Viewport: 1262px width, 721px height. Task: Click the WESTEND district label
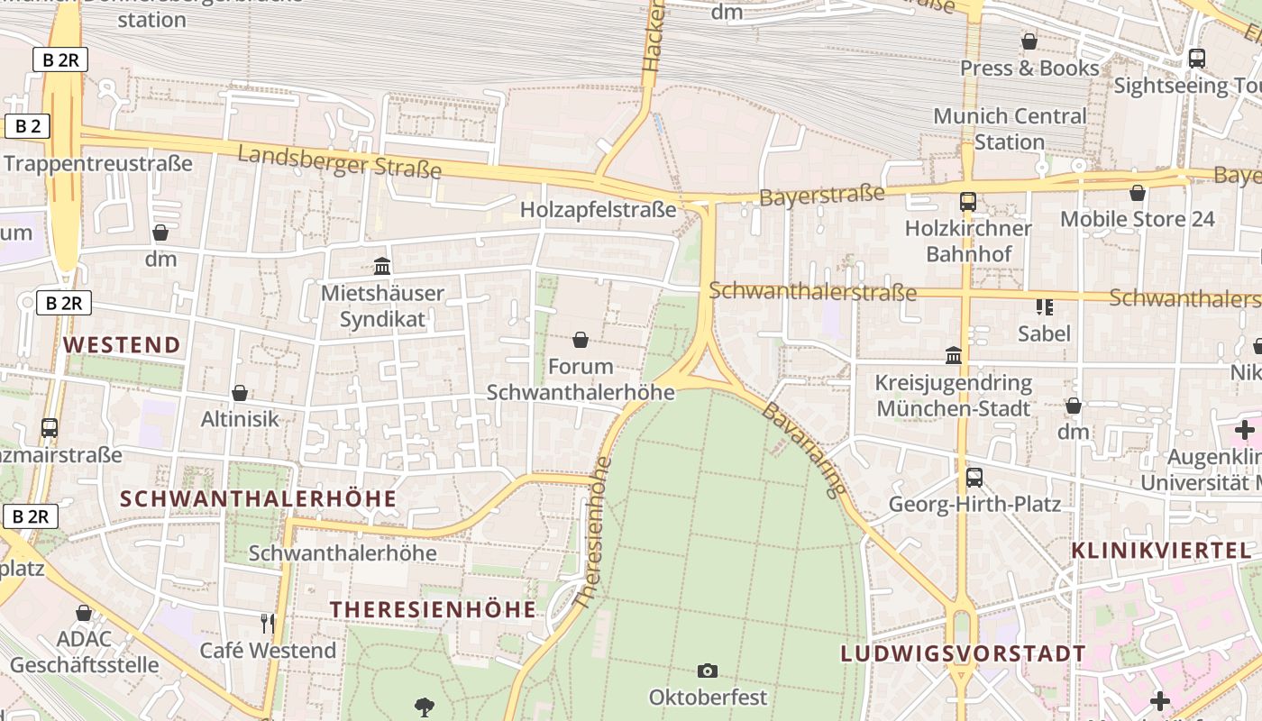point(122,344)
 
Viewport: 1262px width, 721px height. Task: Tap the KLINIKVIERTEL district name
point(1160,550)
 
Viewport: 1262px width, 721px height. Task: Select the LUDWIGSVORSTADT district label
point(963,653)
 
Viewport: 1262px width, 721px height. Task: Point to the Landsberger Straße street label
point(340,162)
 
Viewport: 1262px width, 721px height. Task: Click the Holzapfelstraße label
point(598,210)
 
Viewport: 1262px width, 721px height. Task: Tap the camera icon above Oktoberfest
point(708,671)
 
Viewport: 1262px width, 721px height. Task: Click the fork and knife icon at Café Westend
point(267,623)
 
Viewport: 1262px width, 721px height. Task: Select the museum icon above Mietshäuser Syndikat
point(382,266)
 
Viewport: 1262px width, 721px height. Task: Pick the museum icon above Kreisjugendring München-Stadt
point(953,355)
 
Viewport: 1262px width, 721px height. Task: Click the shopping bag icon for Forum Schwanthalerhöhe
point(581,340)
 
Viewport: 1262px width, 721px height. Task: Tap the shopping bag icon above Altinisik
point(240,393)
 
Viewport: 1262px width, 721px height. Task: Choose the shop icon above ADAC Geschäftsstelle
point(84,613)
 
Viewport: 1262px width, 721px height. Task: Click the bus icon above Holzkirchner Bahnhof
point(968,201)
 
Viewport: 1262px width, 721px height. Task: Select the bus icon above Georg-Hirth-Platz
point(974,478)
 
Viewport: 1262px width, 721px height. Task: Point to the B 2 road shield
point(27,126)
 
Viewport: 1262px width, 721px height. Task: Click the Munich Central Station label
point(1010,129)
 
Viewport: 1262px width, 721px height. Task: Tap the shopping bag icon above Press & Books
point(1029,41)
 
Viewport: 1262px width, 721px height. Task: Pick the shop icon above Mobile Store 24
point(1138,193)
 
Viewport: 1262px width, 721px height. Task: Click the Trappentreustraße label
point(98,163)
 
